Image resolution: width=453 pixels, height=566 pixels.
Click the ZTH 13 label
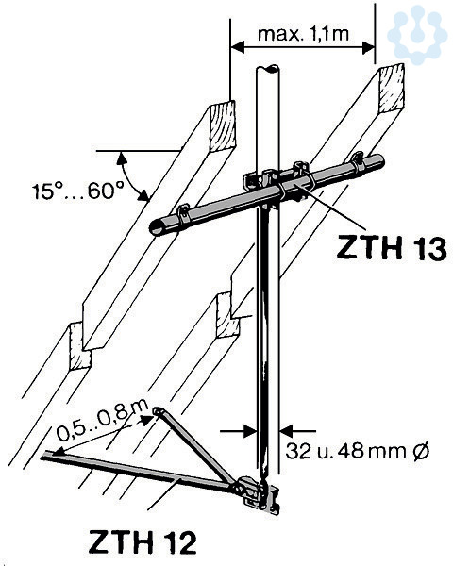click(392, 248)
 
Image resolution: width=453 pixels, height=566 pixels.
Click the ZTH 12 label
click(143, 541)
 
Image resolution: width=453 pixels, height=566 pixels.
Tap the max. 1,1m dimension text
click(304, 34)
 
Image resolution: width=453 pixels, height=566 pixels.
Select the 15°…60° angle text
click(78, 191)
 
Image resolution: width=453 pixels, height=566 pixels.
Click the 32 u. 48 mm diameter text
click(358, 451)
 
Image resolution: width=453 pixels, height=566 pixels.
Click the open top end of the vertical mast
click(268, 69)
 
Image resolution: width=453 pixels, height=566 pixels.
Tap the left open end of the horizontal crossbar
click(158, 227)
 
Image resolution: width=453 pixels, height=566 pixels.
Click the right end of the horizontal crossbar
click(378, 161)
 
